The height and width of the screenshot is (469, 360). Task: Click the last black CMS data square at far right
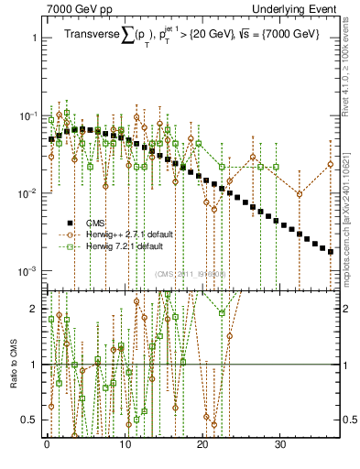coord(331,252)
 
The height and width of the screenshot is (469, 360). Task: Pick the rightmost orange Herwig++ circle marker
coord(331,165)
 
